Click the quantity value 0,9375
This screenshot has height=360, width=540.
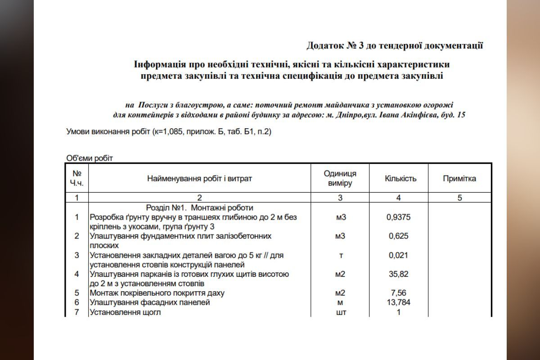click(x=398, y=217)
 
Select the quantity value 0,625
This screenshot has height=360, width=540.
click(x=398, y=236)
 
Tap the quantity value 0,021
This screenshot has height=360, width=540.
click(x=398, y=255)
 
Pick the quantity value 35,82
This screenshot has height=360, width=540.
click(x=398, y=274)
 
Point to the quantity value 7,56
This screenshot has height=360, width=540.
click(x=398, y=293)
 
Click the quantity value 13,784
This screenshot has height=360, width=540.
click(x=398, y=302)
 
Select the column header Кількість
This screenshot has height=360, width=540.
click(x=400, y=179)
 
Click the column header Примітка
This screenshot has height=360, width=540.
click(x=459, y=179)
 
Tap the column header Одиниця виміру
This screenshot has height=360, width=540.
click(x=340, y=179)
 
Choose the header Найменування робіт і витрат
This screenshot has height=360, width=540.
click(x=199, y=179)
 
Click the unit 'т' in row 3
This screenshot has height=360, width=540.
click(x=341, y=255)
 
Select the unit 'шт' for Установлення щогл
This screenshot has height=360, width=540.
click(x=341, y=312)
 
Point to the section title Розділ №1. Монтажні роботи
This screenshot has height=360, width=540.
click(x=200, y=208)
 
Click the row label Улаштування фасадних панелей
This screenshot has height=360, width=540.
click(x=149, y=302)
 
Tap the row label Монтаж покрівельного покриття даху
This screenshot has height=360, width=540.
click(x=163, y=293)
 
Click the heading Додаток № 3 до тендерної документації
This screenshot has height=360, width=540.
click(x=394, y=45)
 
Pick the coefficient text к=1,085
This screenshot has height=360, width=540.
click(x=171, y=132)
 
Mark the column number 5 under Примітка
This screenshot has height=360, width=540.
click(x=459, y=198)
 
